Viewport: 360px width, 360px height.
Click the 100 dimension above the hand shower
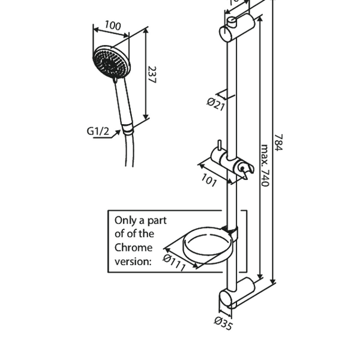click(112, 26)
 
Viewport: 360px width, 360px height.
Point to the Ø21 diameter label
click(215, 103)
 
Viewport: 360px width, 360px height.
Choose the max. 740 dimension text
click(263, 165)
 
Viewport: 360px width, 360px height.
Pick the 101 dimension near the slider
click(208, 181)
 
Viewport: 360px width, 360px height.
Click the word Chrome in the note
click(133, 247)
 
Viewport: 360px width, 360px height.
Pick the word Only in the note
click(126, 220)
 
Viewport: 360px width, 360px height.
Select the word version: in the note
click(133, 260)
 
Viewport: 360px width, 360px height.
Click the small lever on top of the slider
click(220, 146)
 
